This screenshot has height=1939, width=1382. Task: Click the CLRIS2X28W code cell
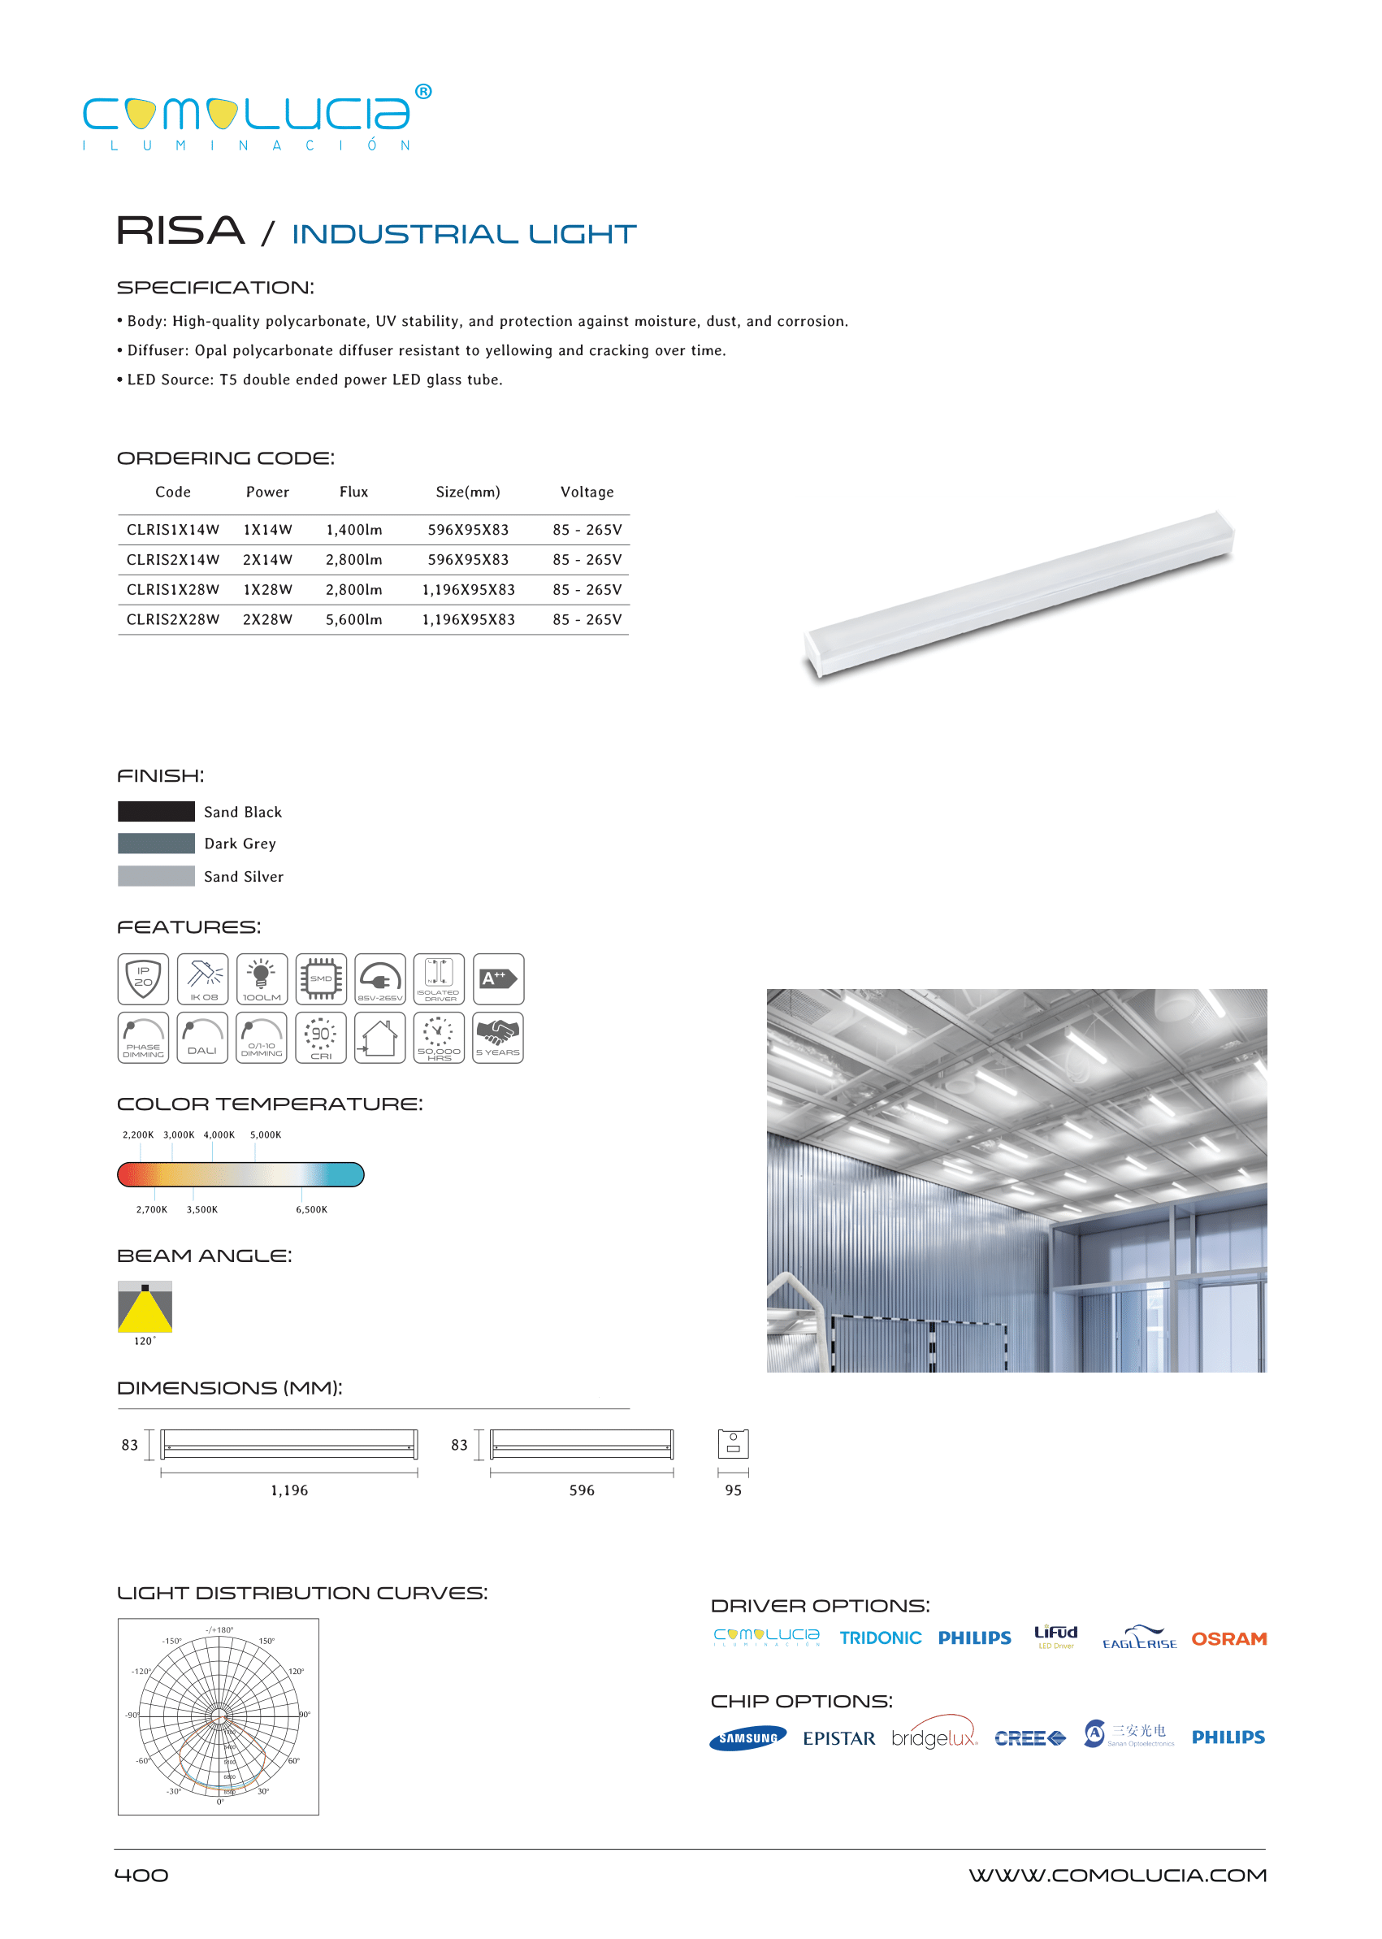point(173,620)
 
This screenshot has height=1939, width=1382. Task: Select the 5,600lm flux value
point(354,620)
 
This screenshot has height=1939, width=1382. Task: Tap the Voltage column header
point(587,492)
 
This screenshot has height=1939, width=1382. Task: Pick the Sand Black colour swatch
point(156,811)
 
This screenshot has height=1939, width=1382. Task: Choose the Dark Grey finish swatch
point(156,844)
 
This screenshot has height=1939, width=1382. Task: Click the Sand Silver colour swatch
point(156,876)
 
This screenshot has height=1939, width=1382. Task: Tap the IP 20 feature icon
point(143,979)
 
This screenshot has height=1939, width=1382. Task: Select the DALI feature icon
point(202,1038)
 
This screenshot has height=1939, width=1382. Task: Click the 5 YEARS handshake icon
point(498,1038)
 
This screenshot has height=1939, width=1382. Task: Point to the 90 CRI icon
point(321,1038)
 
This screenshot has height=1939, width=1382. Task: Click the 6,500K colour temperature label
point(311,1209)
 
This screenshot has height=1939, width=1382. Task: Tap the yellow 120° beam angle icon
point(145,1307)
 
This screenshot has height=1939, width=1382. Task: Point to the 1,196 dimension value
point(289,1490)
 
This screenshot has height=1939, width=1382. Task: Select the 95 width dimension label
point(733,1490)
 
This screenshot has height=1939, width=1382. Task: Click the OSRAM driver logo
point(1228,1638)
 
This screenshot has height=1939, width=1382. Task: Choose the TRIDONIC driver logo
point(880,1638)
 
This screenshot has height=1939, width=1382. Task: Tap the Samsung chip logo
point(748,1738)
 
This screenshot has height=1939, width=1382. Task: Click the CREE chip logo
point(1029,1738)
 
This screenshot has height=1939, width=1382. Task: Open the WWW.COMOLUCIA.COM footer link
point(1117,1875)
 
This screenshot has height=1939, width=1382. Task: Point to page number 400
point(141,1875)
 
